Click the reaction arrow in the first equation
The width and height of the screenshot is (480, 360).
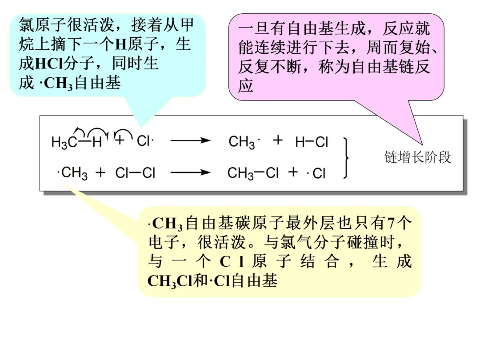click(190, 141)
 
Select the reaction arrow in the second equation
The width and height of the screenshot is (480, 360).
click(190, 172)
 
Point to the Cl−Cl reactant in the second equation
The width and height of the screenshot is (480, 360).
click(135, 173)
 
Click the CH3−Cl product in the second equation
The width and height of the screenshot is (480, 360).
click(253, 173)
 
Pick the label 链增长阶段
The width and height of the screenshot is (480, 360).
click(417, 157)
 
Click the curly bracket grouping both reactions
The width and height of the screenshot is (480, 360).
click(346, 157)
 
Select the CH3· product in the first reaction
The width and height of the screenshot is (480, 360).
click(244, 142)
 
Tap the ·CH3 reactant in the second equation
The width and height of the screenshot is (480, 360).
click(73, 172)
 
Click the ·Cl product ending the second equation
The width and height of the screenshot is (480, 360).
click(316, 173)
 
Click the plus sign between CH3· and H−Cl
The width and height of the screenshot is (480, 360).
click(278, 140)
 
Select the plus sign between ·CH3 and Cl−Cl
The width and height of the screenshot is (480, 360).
click(101, 172)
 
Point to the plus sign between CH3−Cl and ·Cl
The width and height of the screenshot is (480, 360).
click(293, 172)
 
